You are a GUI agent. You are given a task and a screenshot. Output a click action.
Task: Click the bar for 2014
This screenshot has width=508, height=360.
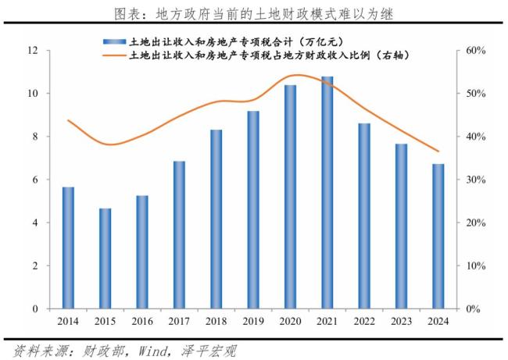click(x=68, y=248)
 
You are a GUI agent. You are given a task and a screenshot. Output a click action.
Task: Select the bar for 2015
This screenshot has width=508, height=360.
click(x=105, y=258)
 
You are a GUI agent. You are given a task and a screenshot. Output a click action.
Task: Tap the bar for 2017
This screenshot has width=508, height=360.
click(x=179, y=234)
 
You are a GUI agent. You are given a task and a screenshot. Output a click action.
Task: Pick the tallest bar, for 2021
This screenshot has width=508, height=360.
click(x=327, y=192)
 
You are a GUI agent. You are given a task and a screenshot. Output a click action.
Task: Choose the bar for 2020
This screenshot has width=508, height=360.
click(x=290, y=197)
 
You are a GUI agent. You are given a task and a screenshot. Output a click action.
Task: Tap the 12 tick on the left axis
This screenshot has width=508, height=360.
click(x=34, y=51)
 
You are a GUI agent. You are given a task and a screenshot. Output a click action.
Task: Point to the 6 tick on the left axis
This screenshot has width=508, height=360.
click(x=36, y=180)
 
